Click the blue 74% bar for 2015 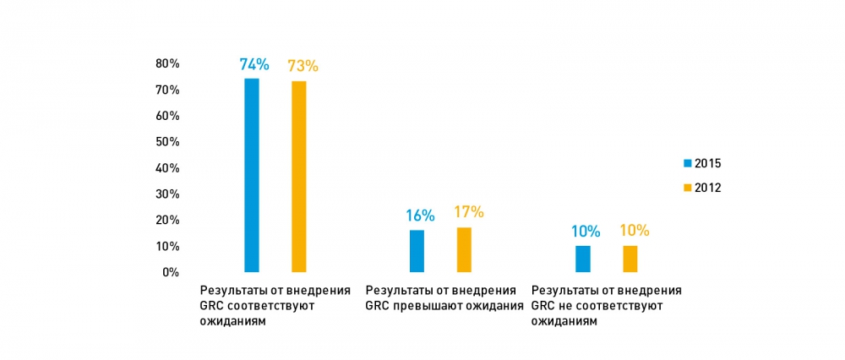pyautogui.click(x=252, y=175)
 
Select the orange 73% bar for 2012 pyautogui.click(x=299, y=177)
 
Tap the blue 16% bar pyautogui.click(x=417, y=251)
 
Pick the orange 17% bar pyautogui.click(x=464, y=249)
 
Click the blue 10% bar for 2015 pyautogui.click(x=583, y=259)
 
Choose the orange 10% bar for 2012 pyautogui.click(x=630, y=259)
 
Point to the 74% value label pyautogui.click(x=253, y=64)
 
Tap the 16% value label pyautogui.click(x=419, y=215)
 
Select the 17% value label pyautogui.click(x=468, y=213)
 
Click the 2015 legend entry pyautogui.click(x=702, y=163)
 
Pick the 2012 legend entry pyautogui.click(x=702, y=187)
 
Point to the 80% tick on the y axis pyautogui.click(x=166, y=63)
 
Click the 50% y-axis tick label pyautogui.click(x=166, y=142)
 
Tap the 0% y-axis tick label pyautogui.click(x=170, y=272)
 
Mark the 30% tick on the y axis pyautogui.click(x=166, y=194)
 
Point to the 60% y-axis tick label pyautogui.click(x=166, y=116)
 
